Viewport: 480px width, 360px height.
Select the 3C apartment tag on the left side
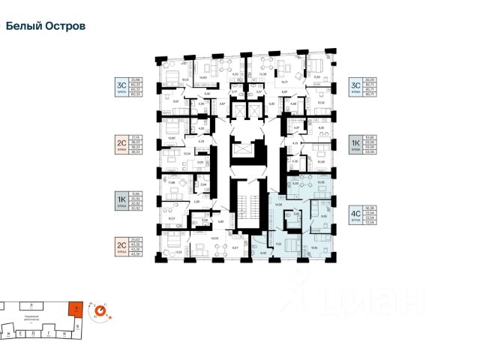pos(121,86)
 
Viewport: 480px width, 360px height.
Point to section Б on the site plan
pos(77,327)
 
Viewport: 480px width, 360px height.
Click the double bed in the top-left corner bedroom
pos(169,77)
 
